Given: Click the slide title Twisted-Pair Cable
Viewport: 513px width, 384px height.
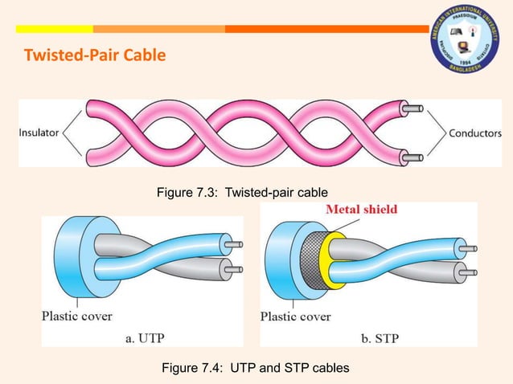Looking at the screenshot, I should pos(96,56).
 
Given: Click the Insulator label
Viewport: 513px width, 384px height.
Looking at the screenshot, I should pos(39,133).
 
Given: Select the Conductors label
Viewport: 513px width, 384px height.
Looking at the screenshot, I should pos(474,133).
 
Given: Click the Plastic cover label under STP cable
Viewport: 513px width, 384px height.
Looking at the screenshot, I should pos(295,316).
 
